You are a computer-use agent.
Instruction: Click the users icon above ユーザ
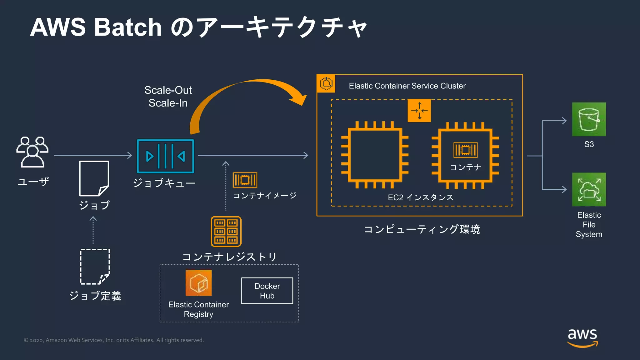click(x=32, y=152)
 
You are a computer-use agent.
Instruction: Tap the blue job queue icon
click(x=165, y=156)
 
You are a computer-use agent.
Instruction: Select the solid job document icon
click(x=94, y=178)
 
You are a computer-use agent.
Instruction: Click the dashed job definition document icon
click(x=95, y=267)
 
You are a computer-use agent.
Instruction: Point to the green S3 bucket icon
click(x=589, y=119)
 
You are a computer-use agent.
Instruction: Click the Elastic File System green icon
click(x=589, y=189)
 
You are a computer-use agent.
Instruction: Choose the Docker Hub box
click(x=267, y=291)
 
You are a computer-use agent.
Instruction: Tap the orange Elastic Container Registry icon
click(x=198, y=283)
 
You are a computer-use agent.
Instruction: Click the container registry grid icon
click(x=226, y=232)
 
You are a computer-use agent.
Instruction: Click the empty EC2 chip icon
click(x=375, y=155)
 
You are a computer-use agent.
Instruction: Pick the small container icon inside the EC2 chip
click(x=465, y=150)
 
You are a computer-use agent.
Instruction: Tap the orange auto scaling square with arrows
click(x=419, y=111)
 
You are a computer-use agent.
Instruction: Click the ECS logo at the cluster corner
click(x=326, y=83)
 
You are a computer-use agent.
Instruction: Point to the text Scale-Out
click(x=168, y=90)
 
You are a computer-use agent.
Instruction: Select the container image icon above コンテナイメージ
click(x=245, y=180)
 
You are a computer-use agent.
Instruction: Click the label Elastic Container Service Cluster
click(x=407, y=86)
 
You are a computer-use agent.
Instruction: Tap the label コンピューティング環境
click(x=422, y=229)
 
